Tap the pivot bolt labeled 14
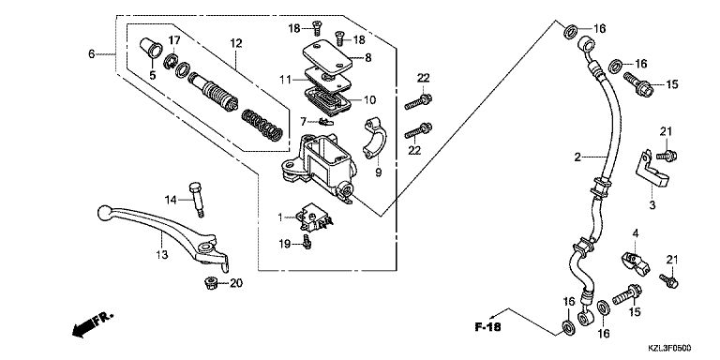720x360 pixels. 196,200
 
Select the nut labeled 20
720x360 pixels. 211,283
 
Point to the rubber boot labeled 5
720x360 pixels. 150,48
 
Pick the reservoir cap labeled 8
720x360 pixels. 327,54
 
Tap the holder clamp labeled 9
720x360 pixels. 375,138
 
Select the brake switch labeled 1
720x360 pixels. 315,219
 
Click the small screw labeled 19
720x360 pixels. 307,242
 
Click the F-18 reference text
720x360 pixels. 488,327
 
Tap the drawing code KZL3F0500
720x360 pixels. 669,349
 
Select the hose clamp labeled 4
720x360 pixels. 636,263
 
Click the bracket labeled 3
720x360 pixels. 652,169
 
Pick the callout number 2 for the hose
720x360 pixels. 577,157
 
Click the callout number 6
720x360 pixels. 92,54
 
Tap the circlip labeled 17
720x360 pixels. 172,61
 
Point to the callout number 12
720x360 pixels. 235,44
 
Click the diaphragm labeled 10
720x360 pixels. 328,100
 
